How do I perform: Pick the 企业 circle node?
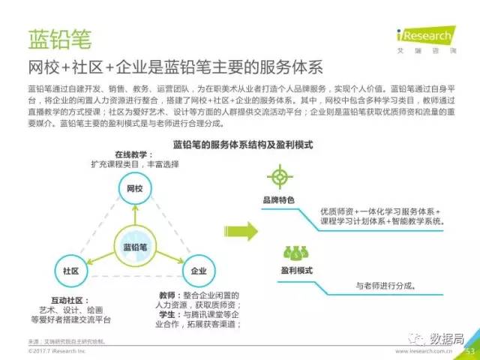[199, 270]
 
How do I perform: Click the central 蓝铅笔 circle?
[134, 247]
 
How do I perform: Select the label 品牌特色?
[278, 200]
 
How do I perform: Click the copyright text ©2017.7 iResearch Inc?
[57, 350]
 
